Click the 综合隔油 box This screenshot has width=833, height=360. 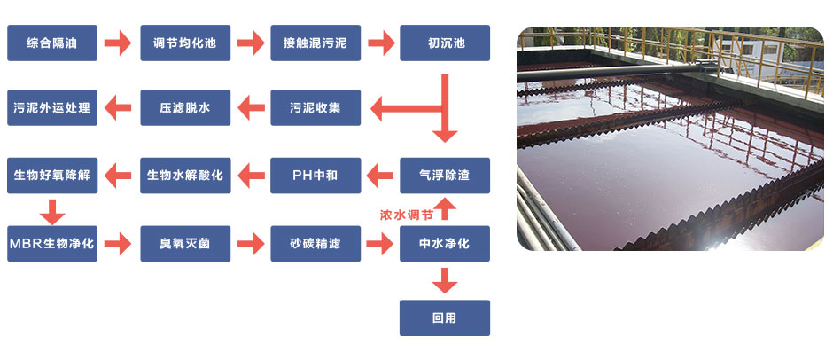pos(52,43)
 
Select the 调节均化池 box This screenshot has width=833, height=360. pos(185,43)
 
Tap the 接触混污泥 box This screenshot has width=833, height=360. pos(315,43)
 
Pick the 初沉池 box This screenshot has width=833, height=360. pos(445,43)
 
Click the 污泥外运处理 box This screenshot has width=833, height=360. pos(52,108)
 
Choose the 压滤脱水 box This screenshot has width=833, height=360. pos(185,108)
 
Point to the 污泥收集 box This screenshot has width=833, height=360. pos(315,108)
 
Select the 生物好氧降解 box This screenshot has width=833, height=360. pos(52,176)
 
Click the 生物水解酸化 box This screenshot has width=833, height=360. pos(185,176)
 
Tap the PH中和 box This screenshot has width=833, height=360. pos(315,176)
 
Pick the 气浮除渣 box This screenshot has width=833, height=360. pos(445,176)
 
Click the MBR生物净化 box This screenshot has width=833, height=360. pos(52,243)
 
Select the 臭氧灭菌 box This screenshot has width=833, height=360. pos(185,243)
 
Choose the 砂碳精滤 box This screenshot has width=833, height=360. pos(315,243)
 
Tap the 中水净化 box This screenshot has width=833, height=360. pos(445,243)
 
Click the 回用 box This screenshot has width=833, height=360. pos(445,317)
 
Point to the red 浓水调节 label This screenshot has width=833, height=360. pos(406,215)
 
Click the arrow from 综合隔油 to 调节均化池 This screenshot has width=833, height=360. pos(118,43)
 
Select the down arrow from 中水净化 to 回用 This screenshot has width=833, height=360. pos(445,280)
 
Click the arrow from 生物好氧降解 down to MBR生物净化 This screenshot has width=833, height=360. pos(52,211)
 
